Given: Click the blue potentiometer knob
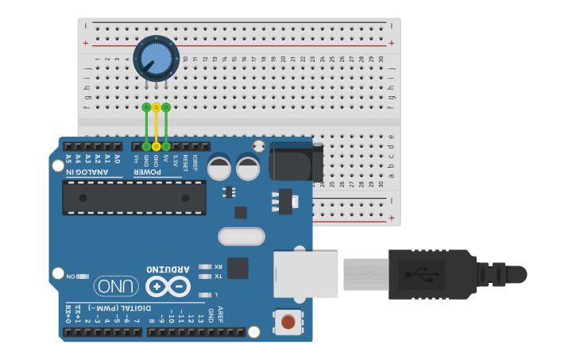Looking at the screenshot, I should click(x=156, y=58).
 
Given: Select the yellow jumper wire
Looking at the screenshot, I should click(x=157, y=127).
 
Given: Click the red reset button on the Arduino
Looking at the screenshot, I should click(x=288, y=322).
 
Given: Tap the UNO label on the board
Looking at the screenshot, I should click(x=116, y=286).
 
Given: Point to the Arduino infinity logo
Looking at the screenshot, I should click(x=168, y=286).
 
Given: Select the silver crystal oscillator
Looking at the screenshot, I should click(x=242, y=237).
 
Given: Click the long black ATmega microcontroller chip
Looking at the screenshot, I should click(x=134, y=198).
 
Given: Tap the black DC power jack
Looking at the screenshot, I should click(x=296, y=163).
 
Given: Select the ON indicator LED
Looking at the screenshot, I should click(x=83, y=277).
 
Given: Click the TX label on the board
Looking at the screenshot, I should click(x=218, y=277).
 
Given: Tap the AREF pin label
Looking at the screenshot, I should click(x=221, y=315).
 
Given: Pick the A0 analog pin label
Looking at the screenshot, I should click(x=117, y=159).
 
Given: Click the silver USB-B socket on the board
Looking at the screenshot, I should click(x=306, y=274).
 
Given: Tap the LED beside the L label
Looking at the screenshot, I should click(x=205, y=295).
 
